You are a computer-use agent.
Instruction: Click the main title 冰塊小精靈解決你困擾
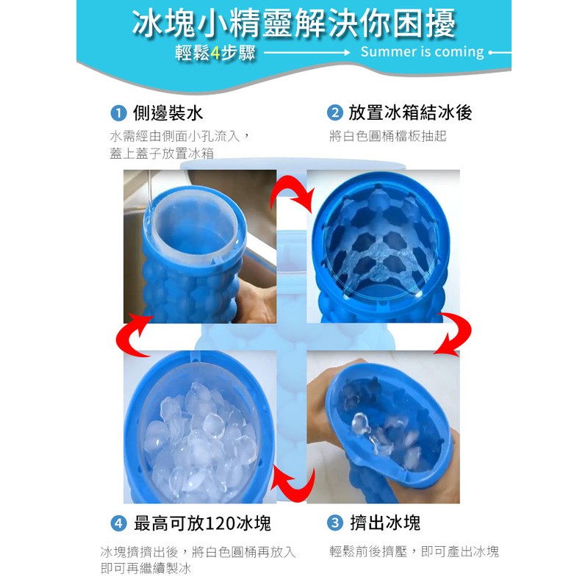click(293, 24)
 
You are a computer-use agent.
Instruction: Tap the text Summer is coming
click(422, 51)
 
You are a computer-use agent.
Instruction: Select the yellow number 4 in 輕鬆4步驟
click(215, 53)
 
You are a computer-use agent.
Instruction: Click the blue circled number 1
click(118, 113)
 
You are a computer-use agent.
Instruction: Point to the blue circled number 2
click(335, 113)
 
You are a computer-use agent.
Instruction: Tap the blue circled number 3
click(335, 523)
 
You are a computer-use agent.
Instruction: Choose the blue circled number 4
click(118, 523)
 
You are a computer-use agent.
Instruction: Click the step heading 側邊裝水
click(168, 113)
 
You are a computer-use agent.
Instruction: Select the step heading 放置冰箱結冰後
click(410, 113)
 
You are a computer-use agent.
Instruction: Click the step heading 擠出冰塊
click(385, 523)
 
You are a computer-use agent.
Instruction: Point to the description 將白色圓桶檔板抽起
click(388, 136)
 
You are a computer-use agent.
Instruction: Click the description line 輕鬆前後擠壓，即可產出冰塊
click(414, 551)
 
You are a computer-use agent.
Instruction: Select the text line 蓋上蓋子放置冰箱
click(162, 154)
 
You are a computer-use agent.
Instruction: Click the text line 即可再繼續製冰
click(146, 568)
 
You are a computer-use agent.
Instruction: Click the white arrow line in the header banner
click(306, 53)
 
